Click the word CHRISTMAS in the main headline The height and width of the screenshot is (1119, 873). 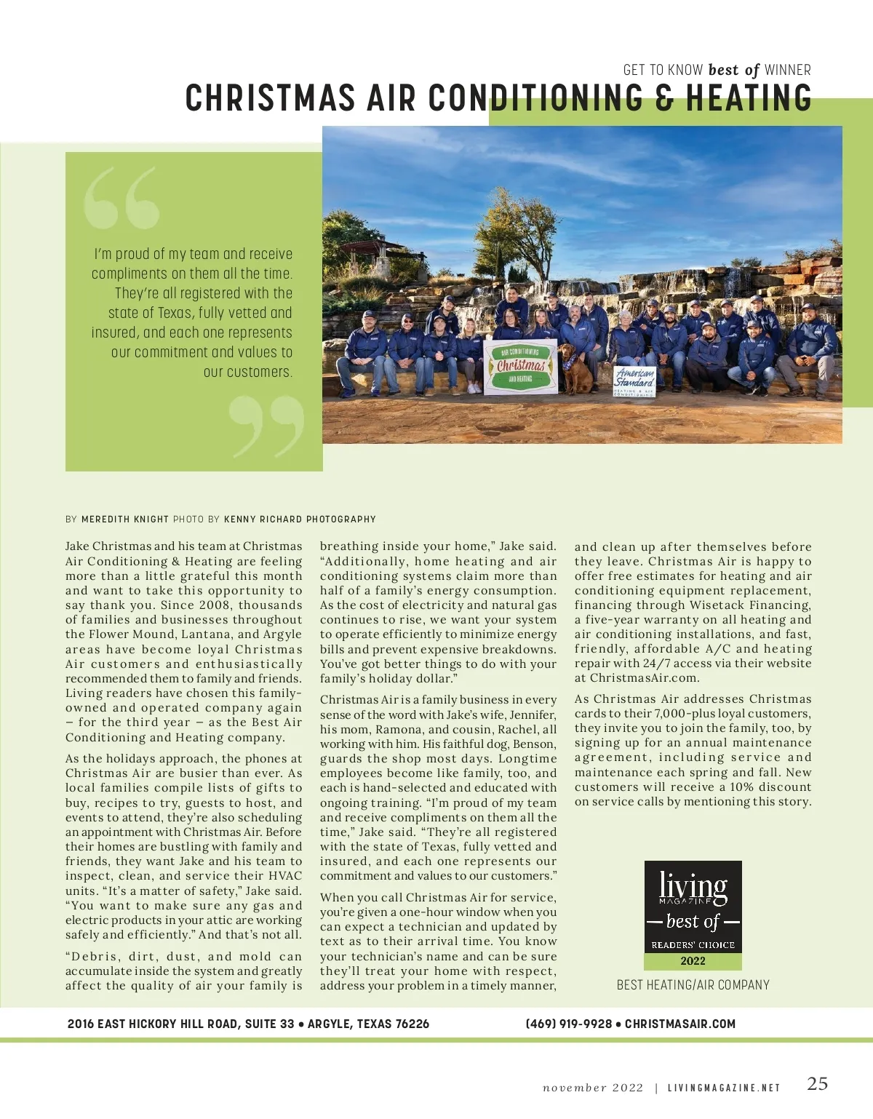[x=270, y=97]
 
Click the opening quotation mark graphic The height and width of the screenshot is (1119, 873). [x=121, y=198]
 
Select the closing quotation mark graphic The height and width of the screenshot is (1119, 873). [x=266, y=425]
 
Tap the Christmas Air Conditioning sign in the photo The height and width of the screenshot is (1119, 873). [x=520, y=366]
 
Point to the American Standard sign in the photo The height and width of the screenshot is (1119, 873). [x=634, y=380]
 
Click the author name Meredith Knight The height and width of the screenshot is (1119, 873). [x=124, y=519]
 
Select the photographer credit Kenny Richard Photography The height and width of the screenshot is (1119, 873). [x=300, y=519]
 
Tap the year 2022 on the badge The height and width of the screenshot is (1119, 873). [x=693, y=961]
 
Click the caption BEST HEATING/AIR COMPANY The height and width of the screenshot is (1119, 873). [x=693, y=985]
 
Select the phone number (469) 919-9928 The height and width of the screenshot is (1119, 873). [x=568, y=1024]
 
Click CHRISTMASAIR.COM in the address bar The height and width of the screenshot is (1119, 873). [x=680, y=1024]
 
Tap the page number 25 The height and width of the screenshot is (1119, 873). [x=817, y=1084]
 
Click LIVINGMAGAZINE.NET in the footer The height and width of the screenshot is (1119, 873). [x=724, y=1088]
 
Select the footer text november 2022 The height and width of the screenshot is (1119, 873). [x=593, y=1088]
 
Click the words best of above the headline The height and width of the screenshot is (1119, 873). [x=733, y=70]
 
